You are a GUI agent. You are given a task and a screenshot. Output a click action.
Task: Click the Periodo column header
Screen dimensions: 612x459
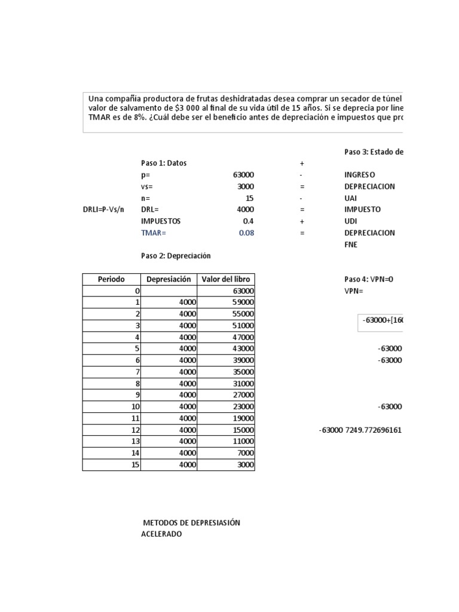(111, 279)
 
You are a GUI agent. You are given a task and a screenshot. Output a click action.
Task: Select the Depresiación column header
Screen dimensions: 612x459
(169, 279)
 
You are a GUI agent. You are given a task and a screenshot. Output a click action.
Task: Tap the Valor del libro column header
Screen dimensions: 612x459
(227, 279)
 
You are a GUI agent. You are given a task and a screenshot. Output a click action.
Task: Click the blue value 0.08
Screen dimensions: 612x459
(246, 232)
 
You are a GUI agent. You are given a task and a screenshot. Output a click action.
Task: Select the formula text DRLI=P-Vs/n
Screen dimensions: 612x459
(103, 210)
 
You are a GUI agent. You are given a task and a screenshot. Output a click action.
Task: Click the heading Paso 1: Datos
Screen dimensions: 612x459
(164, 163)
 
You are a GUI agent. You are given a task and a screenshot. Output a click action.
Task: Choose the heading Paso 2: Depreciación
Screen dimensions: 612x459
(176, 256)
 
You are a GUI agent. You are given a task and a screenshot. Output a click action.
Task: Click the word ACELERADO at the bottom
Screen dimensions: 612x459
(161, 534)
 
